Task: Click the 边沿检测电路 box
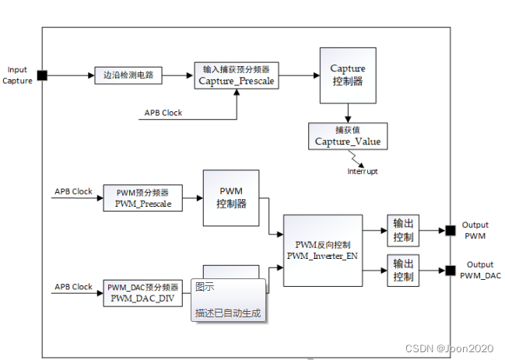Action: [128, 76]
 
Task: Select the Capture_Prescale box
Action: [236, 76]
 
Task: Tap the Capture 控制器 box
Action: [347, 75]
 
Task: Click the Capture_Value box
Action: [347, 136]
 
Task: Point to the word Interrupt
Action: [362, 171]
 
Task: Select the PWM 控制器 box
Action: [230, 197]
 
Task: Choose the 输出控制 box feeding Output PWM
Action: [404, 230]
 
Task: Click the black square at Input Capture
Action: [42, 75]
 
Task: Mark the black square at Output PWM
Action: [450, 230]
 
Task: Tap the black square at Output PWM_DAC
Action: [450, 271]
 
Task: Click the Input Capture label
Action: [17, 75]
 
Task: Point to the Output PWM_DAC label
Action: [480, 270]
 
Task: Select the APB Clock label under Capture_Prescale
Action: [163, 113]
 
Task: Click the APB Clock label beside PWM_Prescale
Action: [73, 191]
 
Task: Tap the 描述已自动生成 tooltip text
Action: [228, 314]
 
